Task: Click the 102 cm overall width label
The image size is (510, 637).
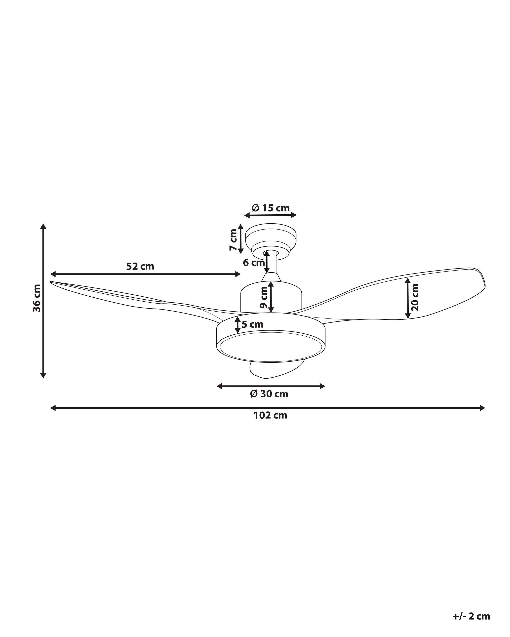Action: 270,415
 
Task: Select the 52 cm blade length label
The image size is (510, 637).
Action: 140,267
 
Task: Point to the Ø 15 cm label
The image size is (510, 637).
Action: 271,208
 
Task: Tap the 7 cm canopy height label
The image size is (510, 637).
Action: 233,240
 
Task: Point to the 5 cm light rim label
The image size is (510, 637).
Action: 252,324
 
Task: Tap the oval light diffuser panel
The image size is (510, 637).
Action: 271,346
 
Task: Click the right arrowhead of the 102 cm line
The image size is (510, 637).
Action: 483,408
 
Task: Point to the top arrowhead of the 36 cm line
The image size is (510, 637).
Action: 43,226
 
